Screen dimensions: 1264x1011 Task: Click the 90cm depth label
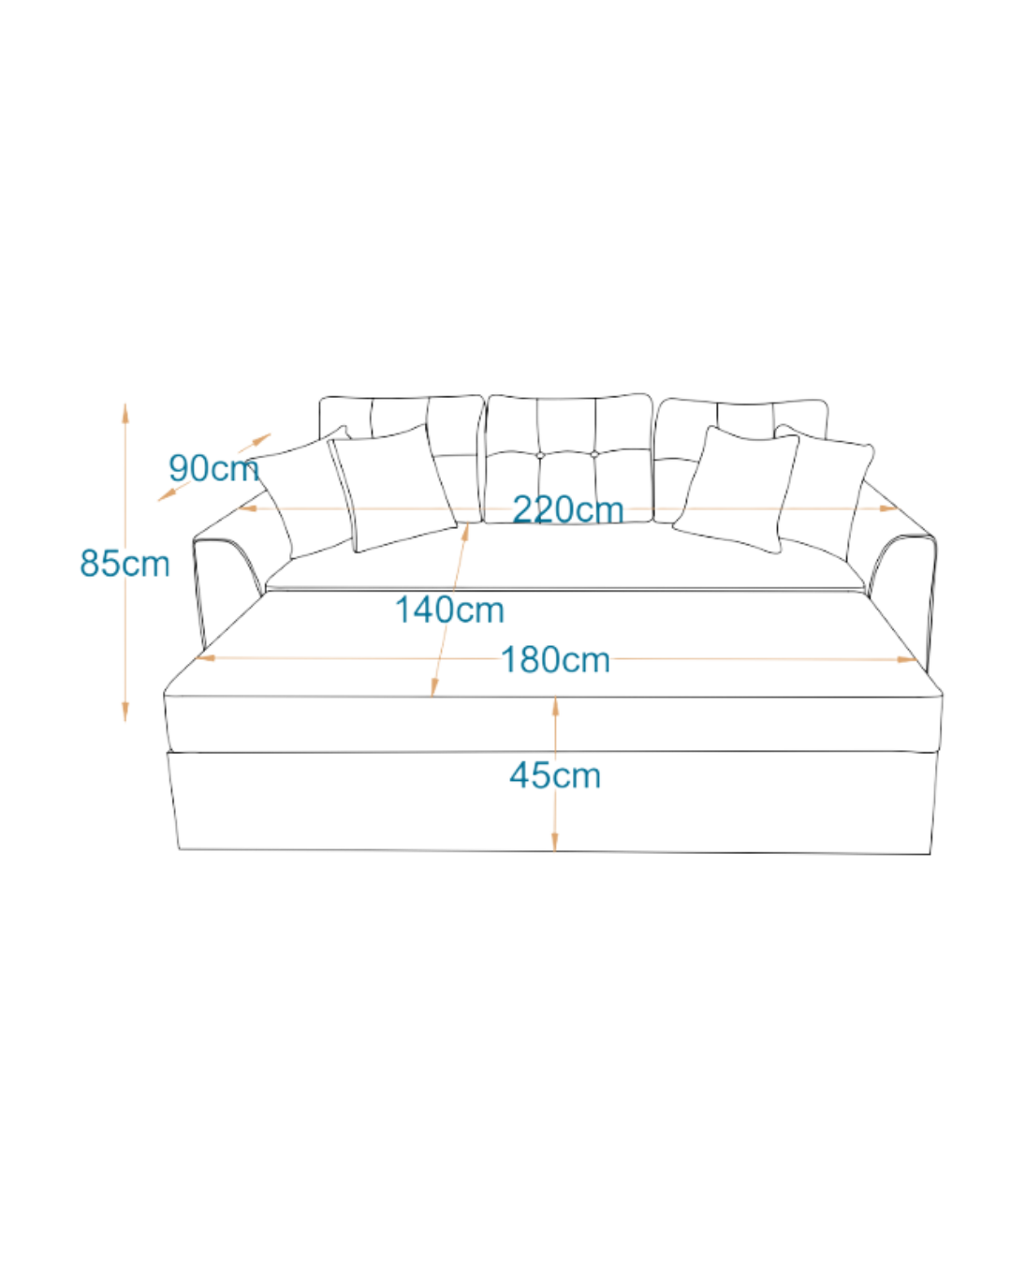[x=213, y=467]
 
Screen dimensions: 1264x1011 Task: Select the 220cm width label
[x=568, y=510]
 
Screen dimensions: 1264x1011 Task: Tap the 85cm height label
[x=125, y=564]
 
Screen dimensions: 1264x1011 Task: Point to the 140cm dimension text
[x=449, y=610]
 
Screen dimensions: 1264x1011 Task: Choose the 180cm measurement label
[x=556, y=660]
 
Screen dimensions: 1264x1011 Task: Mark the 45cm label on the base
[x=555, y=775]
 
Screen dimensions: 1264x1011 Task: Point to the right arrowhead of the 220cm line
[x=890, y=508]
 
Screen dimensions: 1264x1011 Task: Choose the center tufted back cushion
[x=569, y=449]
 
